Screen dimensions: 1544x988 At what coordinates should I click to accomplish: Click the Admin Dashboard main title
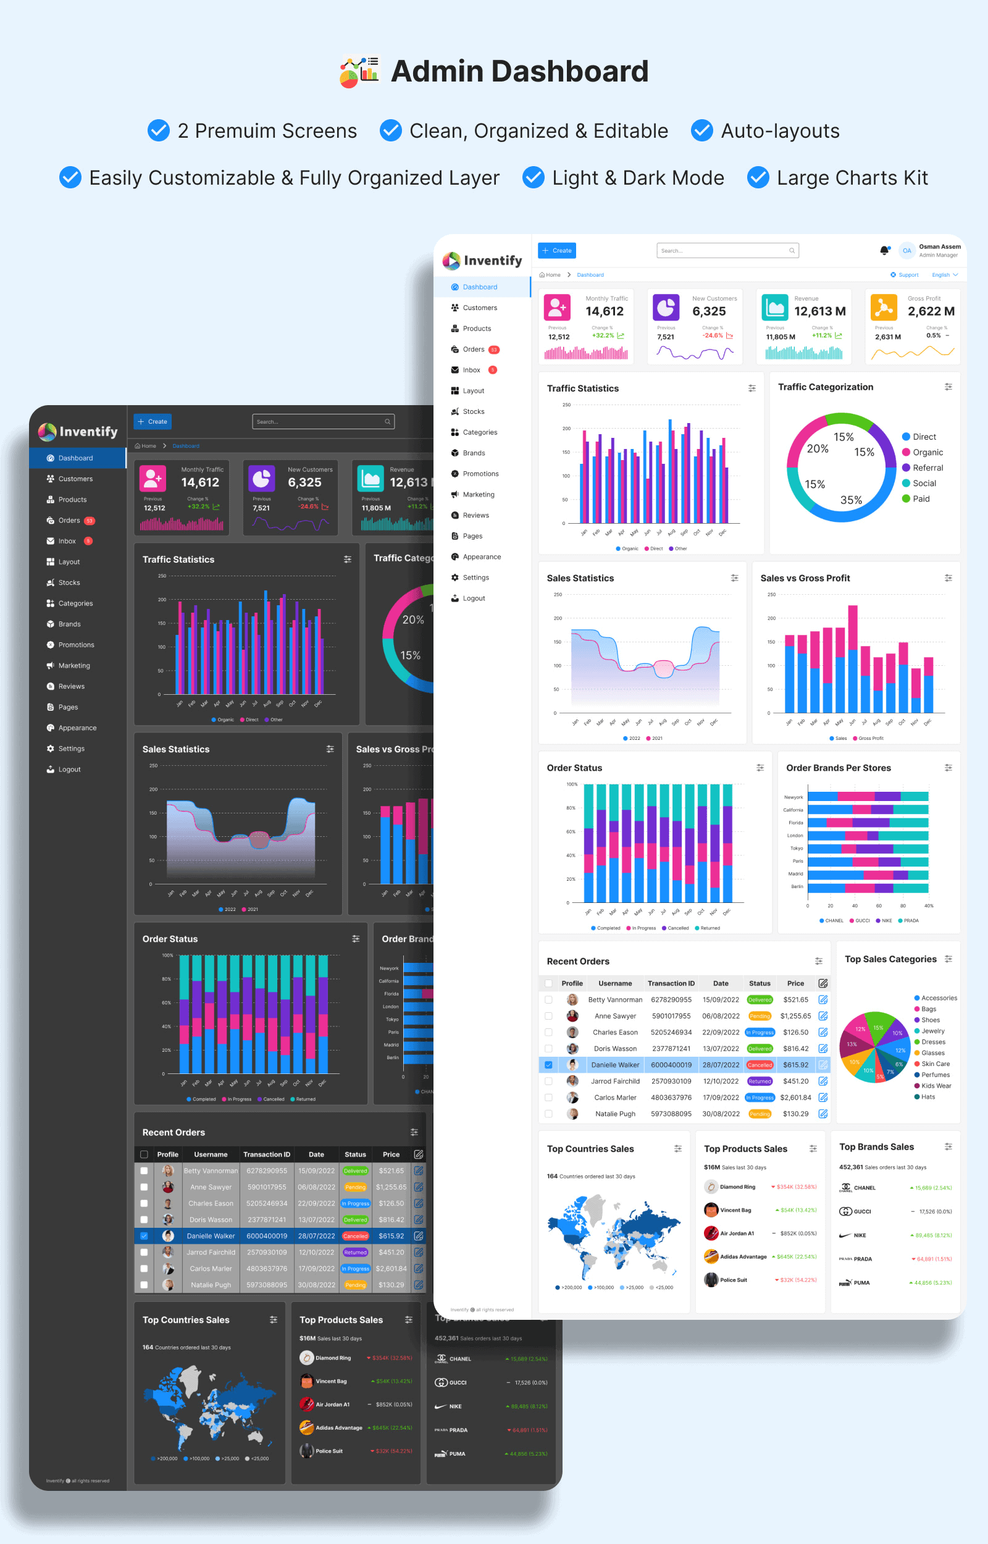click(519, 71)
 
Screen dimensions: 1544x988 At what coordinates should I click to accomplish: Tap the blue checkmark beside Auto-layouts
click(702, 130)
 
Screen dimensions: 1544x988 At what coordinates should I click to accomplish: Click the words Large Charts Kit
click(852, 178)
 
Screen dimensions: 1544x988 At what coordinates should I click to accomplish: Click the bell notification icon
click(884, 250)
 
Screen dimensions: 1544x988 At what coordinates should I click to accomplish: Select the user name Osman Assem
click(939, 246)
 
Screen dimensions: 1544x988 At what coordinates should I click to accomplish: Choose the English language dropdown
click(944, 275)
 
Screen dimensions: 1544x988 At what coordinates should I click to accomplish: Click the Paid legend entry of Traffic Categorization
click(921, 498)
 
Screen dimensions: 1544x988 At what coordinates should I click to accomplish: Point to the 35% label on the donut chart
click(851, 500)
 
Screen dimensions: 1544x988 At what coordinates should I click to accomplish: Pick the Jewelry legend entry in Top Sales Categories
click(932, 1031)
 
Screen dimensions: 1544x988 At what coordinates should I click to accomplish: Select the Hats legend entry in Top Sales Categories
click(927, 1096)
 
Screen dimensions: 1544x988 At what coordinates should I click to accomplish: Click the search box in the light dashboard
click(727, 251)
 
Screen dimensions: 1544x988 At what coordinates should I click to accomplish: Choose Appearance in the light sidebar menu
click(481, 557)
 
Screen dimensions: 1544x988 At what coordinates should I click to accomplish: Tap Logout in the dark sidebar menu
click(69, 769)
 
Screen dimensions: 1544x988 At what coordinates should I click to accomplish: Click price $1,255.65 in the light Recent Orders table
click(795, 1016)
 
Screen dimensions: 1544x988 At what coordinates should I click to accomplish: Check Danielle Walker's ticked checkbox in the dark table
click(144, 1235)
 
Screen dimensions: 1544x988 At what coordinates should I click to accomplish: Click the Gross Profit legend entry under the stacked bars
click(870, 738)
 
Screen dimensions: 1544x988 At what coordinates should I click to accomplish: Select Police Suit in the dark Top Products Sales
click(329, 1450)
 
